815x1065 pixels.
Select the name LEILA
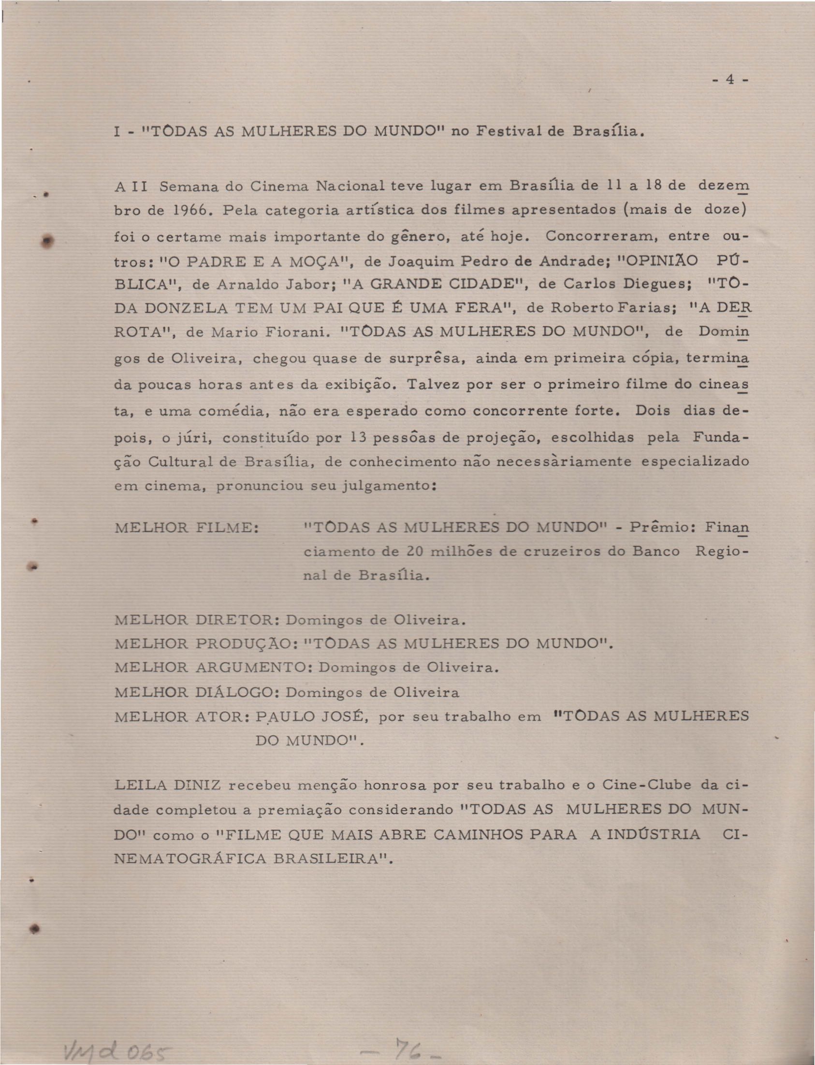(x=140, y=785)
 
